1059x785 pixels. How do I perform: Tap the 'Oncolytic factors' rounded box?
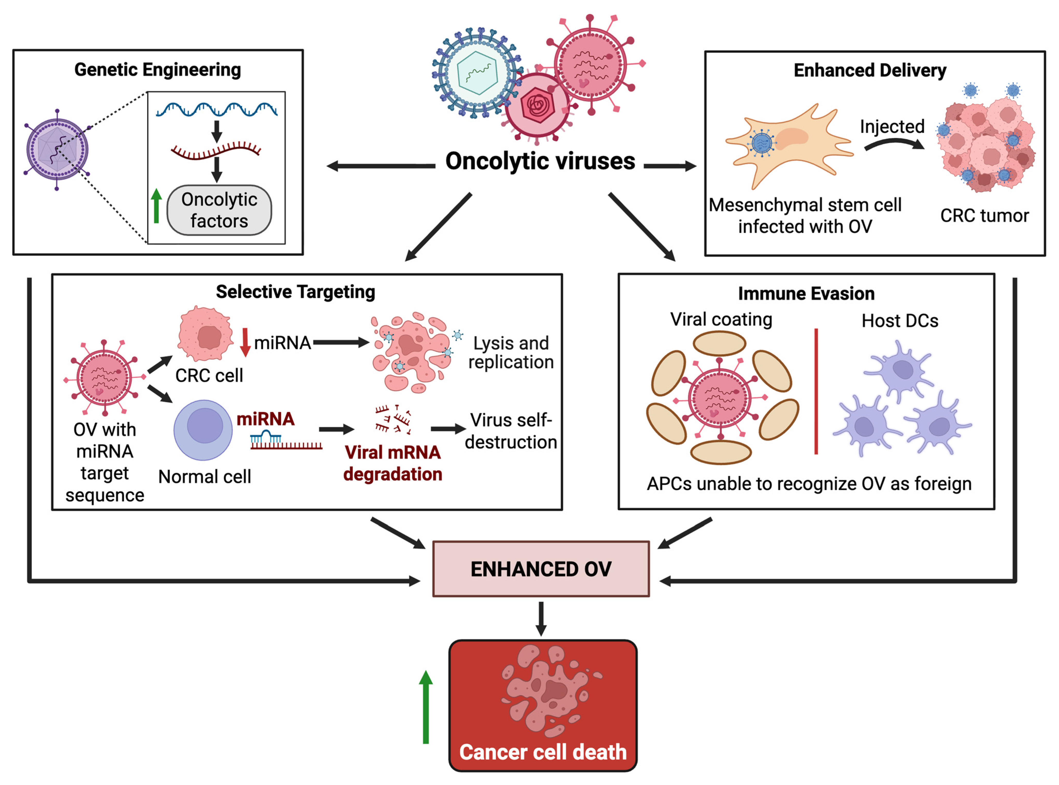(x=219, y=210)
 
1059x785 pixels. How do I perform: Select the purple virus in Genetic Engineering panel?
(x=57, y=150)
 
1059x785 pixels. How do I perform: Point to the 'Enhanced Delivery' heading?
(x=870, y=70)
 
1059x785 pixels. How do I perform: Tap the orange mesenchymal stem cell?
(x=789, y=145)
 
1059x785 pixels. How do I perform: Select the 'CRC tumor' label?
(x=984, y=216)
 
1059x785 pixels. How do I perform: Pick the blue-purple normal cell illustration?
(x=203, y=430)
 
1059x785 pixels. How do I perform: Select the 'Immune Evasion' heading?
(x=806, y=294)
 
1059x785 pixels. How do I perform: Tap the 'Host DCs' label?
(x=900, y=321)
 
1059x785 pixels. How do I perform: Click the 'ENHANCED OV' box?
(x=541, y=569)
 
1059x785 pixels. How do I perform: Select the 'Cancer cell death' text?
(x=543, y=752)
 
